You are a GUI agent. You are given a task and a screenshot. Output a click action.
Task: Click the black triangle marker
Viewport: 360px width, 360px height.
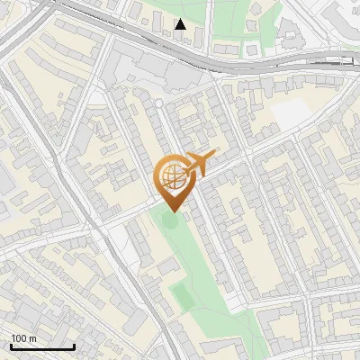(x=181, y=23)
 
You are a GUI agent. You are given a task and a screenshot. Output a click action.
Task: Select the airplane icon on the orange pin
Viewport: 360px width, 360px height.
(x=201, y=164)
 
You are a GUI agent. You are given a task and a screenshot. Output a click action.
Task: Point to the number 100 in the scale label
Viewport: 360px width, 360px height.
(x=19, y=338)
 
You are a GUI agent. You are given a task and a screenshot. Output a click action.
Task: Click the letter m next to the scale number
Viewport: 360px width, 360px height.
(x=33, y=338)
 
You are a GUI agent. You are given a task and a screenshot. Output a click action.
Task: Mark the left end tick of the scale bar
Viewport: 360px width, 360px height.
(x=11, y=346)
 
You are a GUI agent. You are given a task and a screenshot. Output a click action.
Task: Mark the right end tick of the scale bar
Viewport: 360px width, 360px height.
(x=74, y=346)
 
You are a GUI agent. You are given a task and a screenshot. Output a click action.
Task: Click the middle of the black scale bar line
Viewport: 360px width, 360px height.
(x=42, y=347)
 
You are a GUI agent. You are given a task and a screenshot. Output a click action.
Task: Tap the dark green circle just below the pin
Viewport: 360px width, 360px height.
(x=171, y=218)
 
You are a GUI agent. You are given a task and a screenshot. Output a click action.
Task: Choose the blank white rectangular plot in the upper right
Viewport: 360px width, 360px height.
(x=289, y=114)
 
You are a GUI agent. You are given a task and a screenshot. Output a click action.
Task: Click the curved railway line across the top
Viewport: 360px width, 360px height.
(x=270, y=61)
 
